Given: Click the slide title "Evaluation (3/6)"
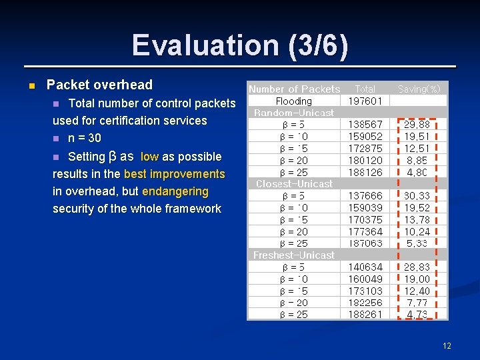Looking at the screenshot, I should tap(239, 45).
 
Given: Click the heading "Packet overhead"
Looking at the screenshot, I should tap(99, 85).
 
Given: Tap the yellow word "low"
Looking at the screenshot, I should tap(149, 157).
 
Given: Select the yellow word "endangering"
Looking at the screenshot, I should tap(175, 191).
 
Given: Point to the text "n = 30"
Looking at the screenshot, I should tap(85, 138).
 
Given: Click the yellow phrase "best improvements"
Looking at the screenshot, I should tap(175, 174).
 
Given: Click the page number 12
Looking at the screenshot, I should tap(447, 345).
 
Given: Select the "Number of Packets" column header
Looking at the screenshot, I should tap(294, 89).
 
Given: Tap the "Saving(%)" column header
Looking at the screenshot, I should tap(419, 89).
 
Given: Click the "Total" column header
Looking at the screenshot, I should tap(365, 89).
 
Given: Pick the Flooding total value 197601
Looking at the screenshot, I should tap(365, 101).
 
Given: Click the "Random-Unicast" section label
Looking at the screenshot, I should tap(294, 113).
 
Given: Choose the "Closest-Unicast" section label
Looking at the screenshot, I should tap(294, 184).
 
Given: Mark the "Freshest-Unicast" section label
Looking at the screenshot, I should tap(294, 255).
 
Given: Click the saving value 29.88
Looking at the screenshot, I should tap(417, 125).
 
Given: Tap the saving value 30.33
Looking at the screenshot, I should tap(417, 196).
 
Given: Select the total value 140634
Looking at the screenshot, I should tap(365, 267).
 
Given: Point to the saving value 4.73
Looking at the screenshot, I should tap(417, 315).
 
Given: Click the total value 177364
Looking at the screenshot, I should tap(365, 231).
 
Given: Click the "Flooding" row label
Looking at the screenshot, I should tap(294, 101).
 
